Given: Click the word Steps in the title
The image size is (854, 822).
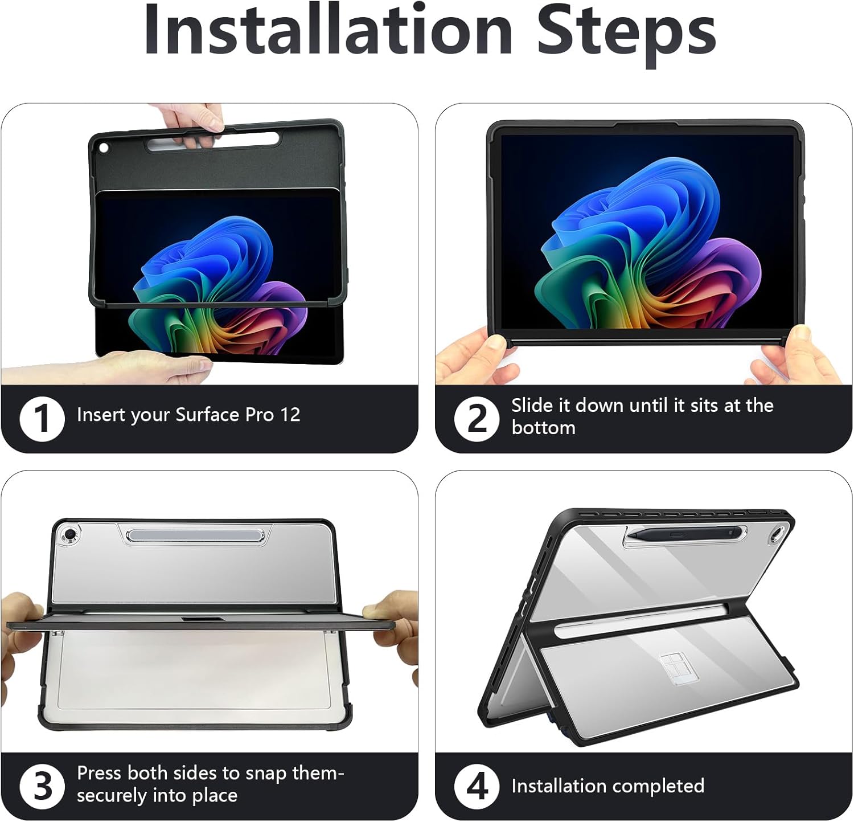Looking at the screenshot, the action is click(626, 34).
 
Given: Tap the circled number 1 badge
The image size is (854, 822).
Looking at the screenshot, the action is click(42, 419).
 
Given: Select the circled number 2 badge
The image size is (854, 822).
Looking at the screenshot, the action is click(477, 419).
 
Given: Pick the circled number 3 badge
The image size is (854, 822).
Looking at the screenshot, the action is click(42, 787).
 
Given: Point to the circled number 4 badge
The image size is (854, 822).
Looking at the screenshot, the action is click(477, 787).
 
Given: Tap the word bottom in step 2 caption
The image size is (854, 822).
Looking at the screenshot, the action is click(543, 428).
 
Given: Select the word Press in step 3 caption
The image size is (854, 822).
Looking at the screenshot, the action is click(100, 773).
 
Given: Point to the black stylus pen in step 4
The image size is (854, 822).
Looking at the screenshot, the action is click(683, 534).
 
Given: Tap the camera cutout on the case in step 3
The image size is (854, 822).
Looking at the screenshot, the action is click(70, 535).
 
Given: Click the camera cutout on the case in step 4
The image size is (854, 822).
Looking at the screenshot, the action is click(775, 536).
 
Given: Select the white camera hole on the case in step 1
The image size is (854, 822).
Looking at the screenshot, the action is click(104, 148).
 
